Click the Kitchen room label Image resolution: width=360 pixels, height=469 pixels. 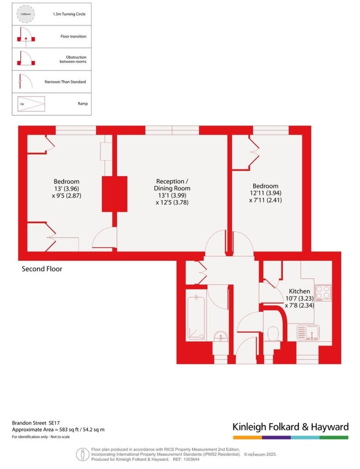pyautogui.click(x=299, y=291)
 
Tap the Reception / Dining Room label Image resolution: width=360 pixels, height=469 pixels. pyautogui.click(x=172, y=185)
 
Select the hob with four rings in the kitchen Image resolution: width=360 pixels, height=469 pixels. pyautogui.click(x=323, y=293)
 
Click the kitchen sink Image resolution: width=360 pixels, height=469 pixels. pyautogui.click(x=308, y=333)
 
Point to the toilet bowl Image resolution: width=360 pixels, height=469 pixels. pyautogui.click(x=273, y=333)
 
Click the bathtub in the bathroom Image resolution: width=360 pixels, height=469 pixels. pyautogui.click(x=196, y=318)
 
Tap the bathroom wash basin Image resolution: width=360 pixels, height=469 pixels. pyautogui.click(x=221, y=336)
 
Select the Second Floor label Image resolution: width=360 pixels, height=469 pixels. pyautogui.click(x=42, y=269)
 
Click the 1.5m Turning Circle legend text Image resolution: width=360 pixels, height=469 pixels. pyautogui.click(x=69, y=14)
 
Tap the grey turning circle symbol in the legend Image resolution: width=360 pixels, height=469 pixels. pyautogui.click(x=26, y=14)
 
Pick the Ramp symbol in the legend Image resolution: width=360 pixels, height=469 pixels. pyautogui.click(x=31, y=104)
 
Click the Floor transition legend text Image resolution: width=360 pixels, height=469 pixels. pyautogui.click(x=73, y=37)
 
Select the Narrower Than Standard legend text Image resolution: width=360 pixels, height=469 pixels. pyautogui.click(x=65, y=82)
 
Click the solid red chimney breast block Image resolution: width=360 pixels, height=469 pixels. pyautogui.click(x=115, y=194)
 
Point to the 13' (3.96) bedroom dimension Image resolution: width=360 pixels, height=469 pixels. pyautogui.click(x=66, y=189)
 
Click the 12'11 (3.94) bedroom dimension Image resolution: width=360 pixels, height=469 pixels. pyautogui.click(x=266, y=193)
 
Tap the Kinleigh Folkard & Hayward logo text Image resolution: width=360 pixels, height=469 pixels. pyautogui.click(x=291, y=427)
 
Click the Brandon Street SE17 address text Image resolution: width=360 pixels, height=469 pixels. pyautogui.click(x=36, y=423)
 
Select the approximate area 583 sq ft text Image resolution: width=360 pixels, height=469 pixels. pyautogui.click(x=58, y=430)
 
